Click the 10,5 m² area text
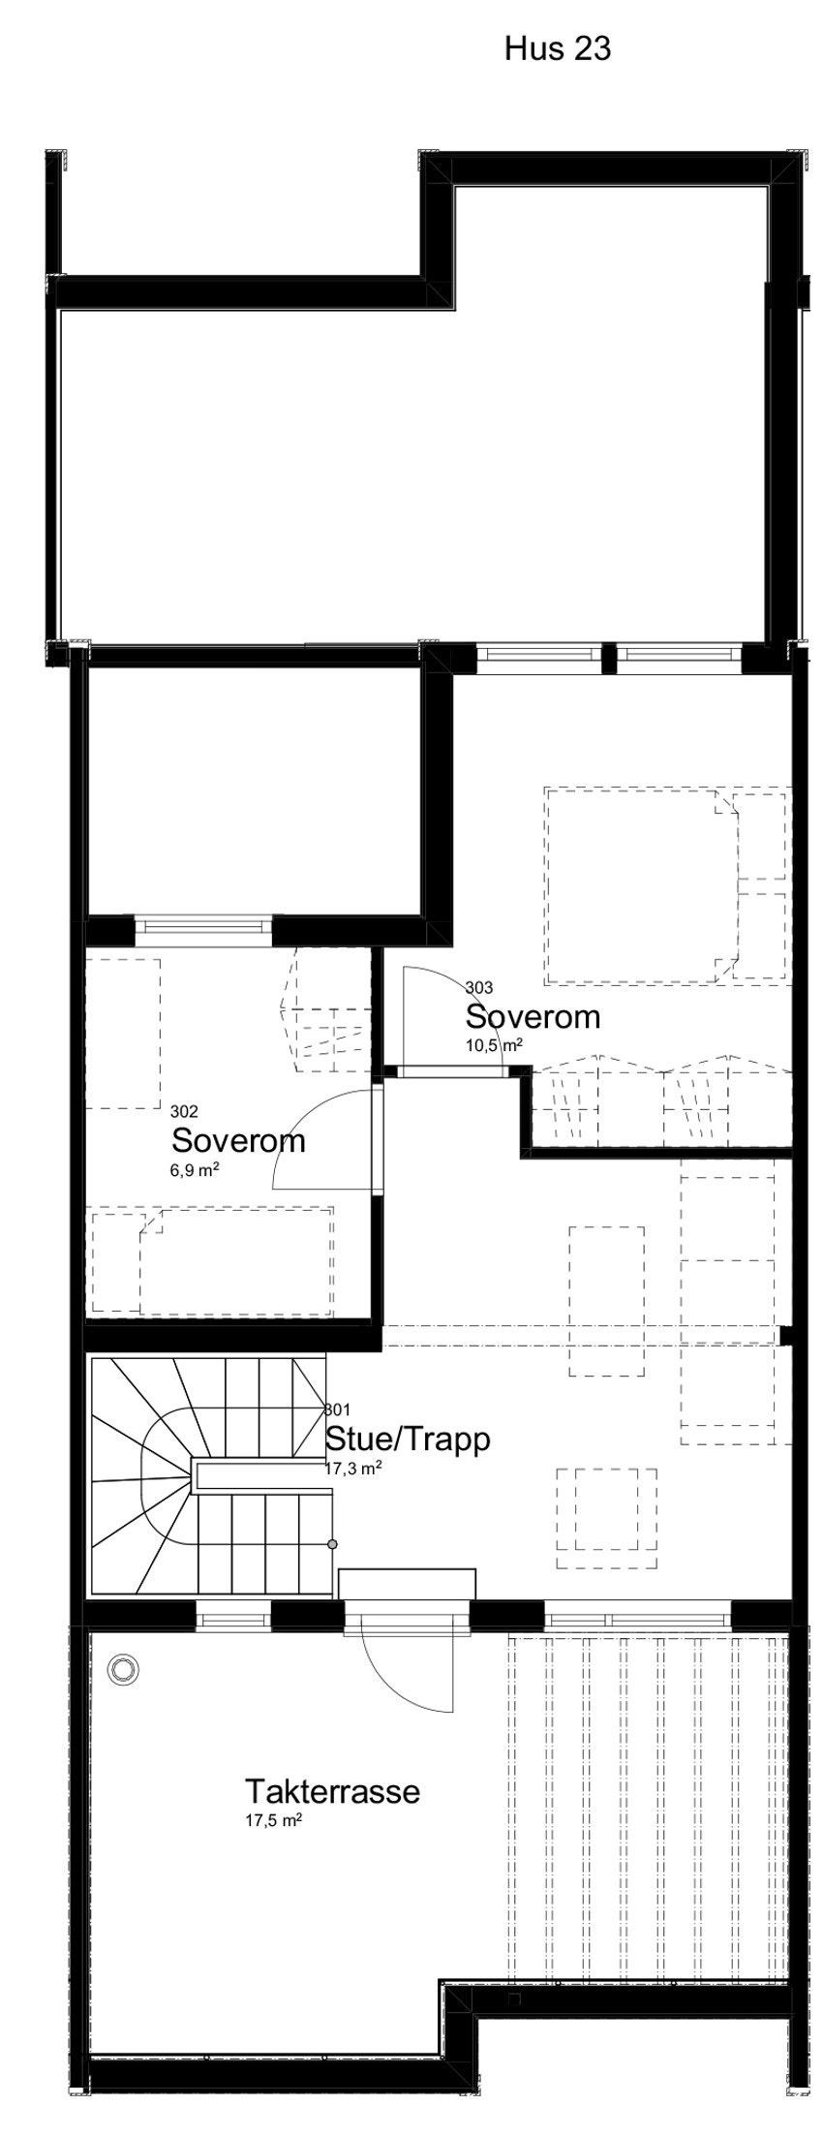pos(494,1044)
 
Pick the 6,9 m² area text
pos(193,1169)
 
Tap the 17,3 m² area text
pos(352,1468)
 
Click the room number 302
pos(183,1110)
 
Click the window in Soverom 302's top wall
pos(204,926)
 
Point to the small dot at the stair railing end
pos(332,1543)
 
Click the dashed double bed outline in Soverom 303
pos(639,884)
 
